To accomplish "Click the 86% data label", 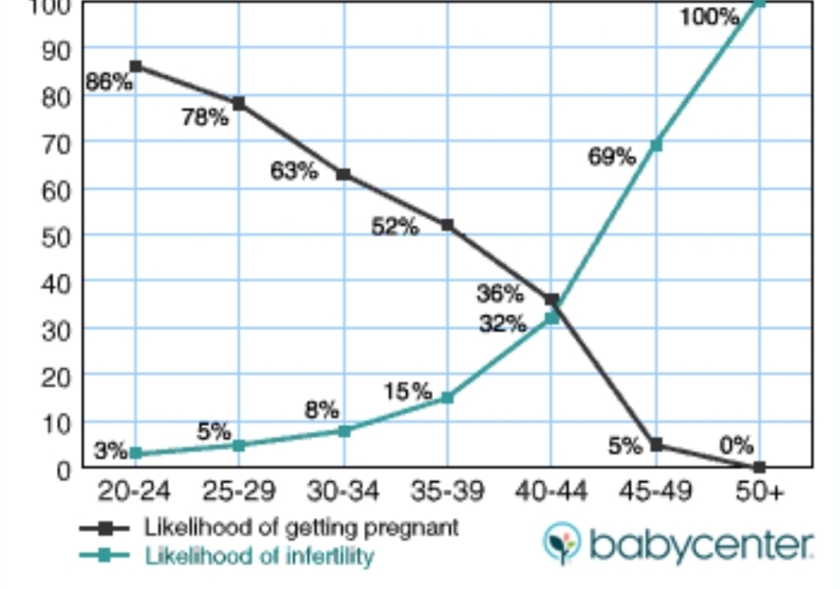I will point(109,82).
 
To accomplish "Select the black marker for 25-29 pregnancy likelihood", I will point(238,103).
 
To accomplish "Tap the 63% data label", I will point(294,171).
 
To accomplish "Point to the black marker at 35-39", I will point(447,225).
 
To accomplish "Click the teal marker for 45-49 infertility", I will point(656,145).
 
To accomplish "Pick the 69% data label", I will point(611,156).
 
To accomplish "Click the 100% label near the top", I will point(709,17).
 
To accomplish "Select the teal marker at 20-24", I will point(135,454).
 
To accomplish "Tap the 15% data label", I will point(407,392).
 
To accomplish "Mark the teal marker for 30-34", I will point(343,430).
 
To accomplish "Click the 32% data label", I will point(502,323).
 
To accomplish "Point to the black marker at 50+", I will point(760,467).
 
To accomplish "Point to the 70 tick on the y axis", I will point(56,142).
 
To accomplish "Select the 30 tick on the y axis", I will point(56,329).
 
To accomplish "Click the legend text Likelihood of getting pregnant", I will point(301,527).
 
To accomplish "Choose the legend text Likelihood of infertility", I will point(260,556).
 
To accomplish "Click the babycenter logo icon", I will point(562,543).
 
